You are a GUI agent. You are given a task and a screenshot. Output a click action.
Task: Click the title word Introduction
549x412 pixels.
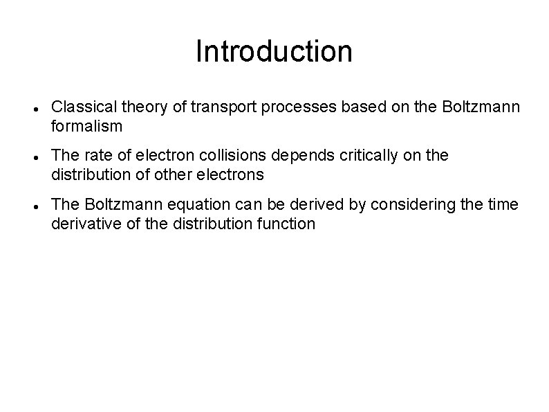click(x=274, y=51)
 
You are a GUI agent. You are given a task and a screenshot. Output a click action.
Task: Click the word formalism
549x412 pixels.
click(x=86, y=126)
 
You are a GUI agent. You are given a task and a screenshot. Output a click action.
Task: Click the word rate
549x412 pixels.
click(x=93, y=156)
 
